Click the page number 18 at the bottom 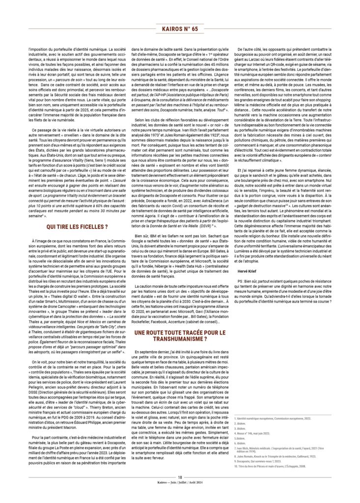pos(180,491)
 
